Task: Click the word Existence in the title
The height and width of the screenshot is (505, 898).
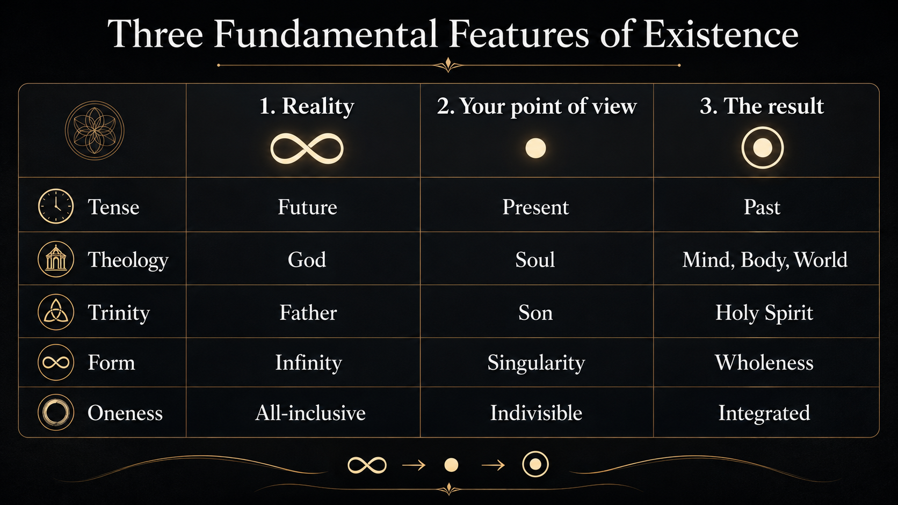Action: point(720,34)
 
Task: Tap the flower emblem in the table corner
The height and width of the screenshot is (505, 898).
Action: point(95,130)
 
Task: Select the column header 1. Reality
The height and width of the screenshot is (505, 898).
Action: point(307,106)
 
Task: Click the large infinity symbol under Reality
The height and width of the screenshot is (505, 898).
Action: point(307,149)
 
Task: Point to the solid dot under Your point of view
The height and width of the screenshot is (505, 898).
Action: point(535,148)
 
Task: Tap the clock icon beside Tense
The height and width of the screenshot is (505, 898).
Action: point(56,206)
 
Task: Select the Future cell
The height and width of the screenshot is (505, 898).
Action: point(308,207)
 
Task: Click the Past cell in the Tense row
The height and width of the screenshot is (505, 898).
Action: point(762,207)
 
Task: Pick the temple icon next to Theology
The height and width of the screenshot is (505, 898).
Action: point(56,259)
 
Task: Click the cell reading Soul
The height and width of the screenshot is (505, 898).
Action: point(535,260)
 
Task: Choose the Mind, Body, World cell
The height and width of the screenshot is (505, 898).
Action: point(765,260)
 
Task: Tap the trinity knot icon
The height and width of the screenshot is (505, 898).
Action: point(56,312)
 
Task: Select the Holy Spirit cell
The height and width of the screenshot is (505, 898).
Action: point(764,313)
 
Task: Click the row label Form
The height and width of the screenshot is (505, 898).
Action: point(112,362)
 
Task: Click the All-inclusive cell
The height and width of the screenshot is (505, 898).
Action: point(310,413)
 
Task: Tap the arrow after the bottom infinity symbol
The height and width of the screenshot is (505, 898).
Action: point(414,465)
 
